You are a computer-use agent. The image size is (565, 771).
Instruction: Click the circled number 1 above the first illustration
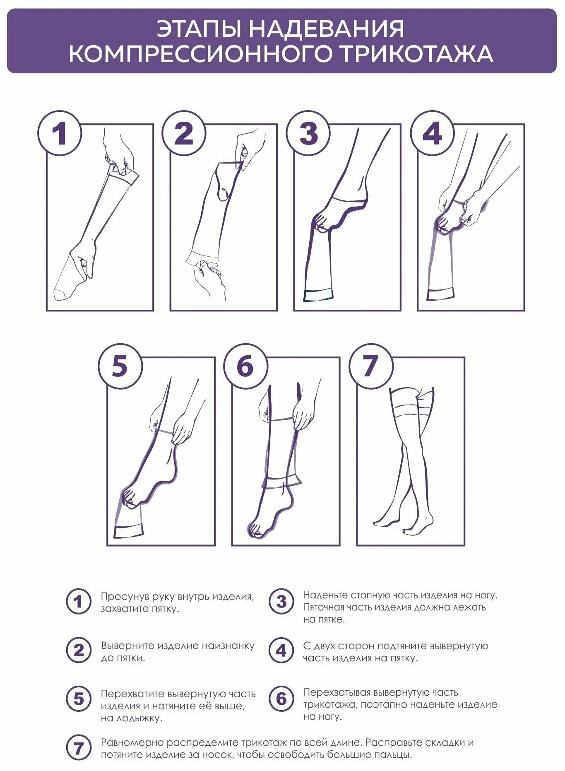coord(60,133)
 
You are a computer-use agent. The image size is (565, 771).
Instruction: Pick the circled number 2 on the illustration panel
coord(184,133)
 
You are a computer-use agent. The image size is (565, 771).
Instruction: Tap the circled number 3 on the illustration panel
coord(308,133)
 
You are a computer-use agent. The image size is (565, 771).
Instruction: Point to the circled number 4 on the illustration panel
coord(432,133)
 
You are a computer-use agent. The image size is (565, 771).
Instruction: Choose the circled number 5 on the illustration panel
coord(120,366)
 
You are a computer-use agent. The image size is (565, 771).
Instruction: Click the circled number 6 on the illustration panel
coord(245,366)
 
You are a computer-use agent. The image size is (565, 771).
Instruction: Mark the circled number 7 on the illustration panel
coord(370,366)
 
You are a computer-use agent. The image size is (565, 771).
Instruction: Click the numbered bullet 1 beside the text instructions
coord(78,601)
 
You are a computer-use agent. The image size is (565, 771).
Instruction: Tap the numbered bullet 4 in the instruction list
coord(281,651)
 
